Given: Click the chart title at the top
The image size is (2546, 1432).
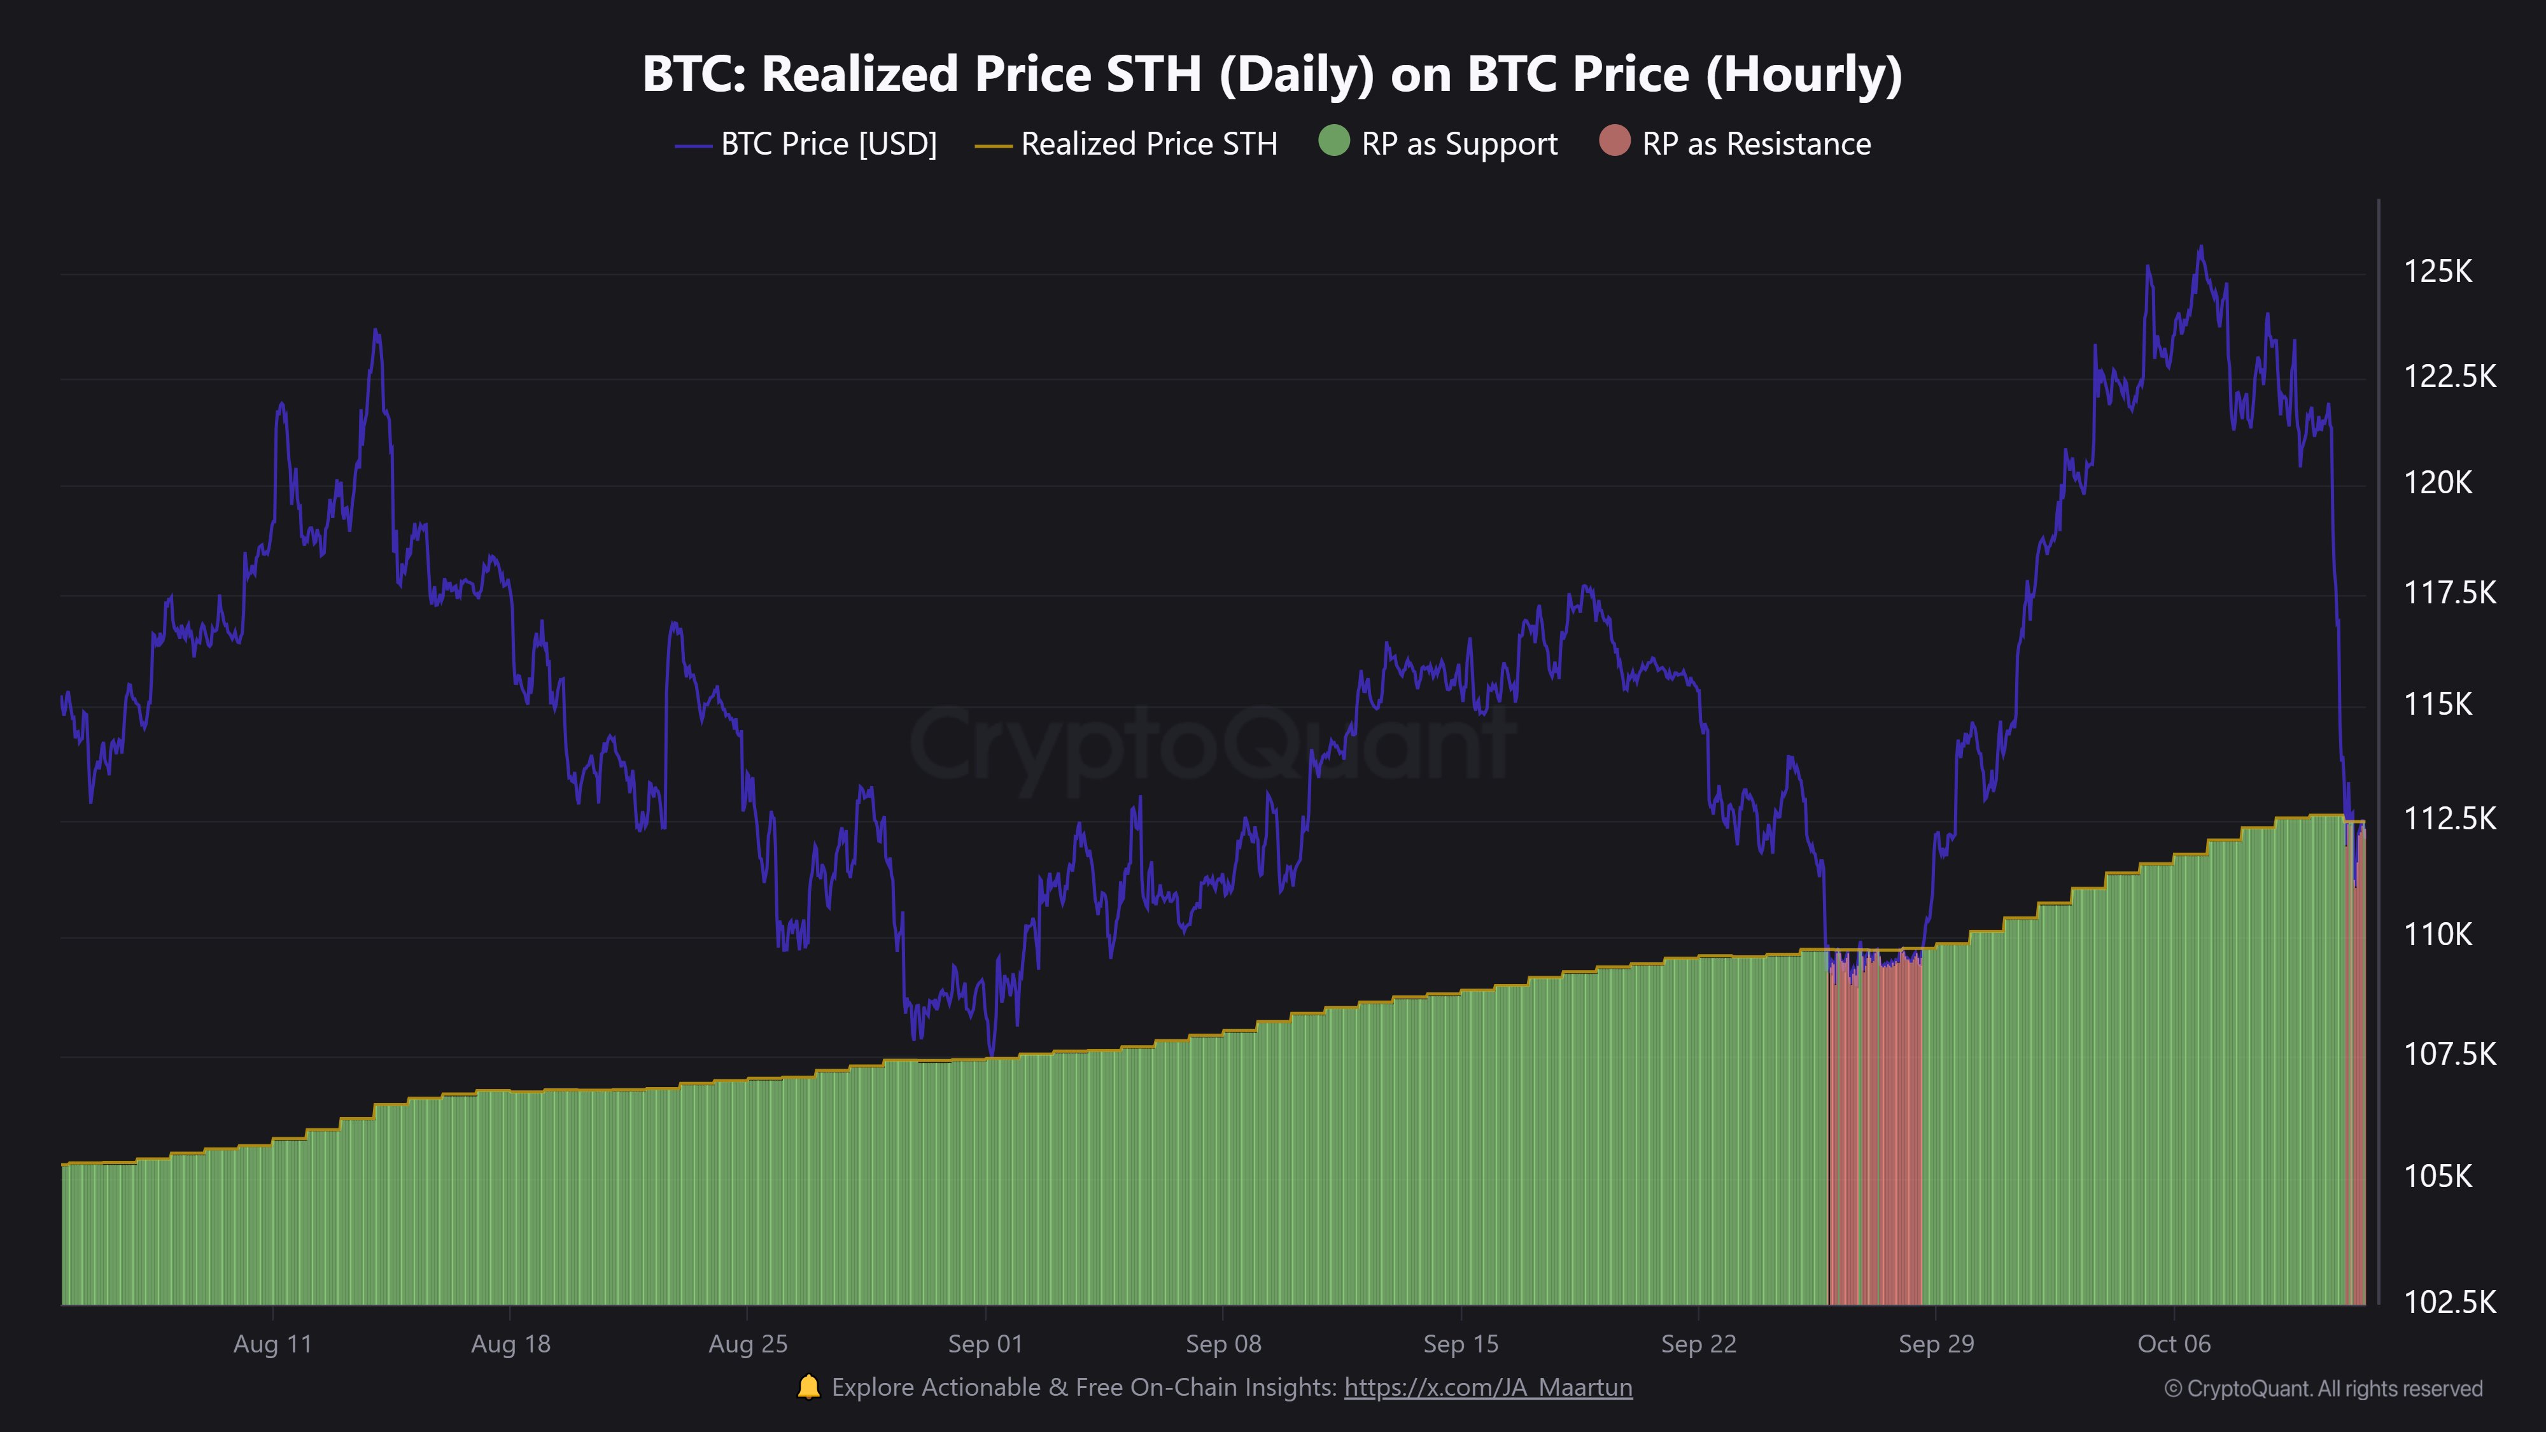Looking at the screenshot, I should [x=1272, y=74].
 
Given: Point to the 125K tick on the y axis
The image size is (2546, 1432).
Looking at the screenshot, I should [x=2437, y=270].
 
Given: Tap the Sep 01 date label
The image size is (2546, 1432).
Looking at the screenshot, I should [x=985, y=1344].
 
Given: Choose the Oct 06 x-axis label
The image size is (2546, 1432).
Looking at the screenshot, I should [x=2174, y=1344].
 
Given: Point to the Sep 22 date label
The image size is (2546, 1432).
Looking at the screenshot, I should [x=1698, y=1344].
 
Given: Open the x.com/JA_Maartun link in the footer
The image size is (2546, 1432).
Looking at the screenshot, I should [x=1488, y=1387].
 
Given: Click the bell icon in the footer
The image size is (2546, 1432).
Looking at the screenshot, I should [x=808, y=1387].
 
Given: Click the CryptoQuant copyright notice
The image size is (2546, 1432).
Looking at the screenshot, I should [x=2323, y=1389].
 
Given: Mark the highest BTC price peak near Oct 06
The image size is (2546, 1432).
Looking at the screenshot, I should [x=2200, y=248].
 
